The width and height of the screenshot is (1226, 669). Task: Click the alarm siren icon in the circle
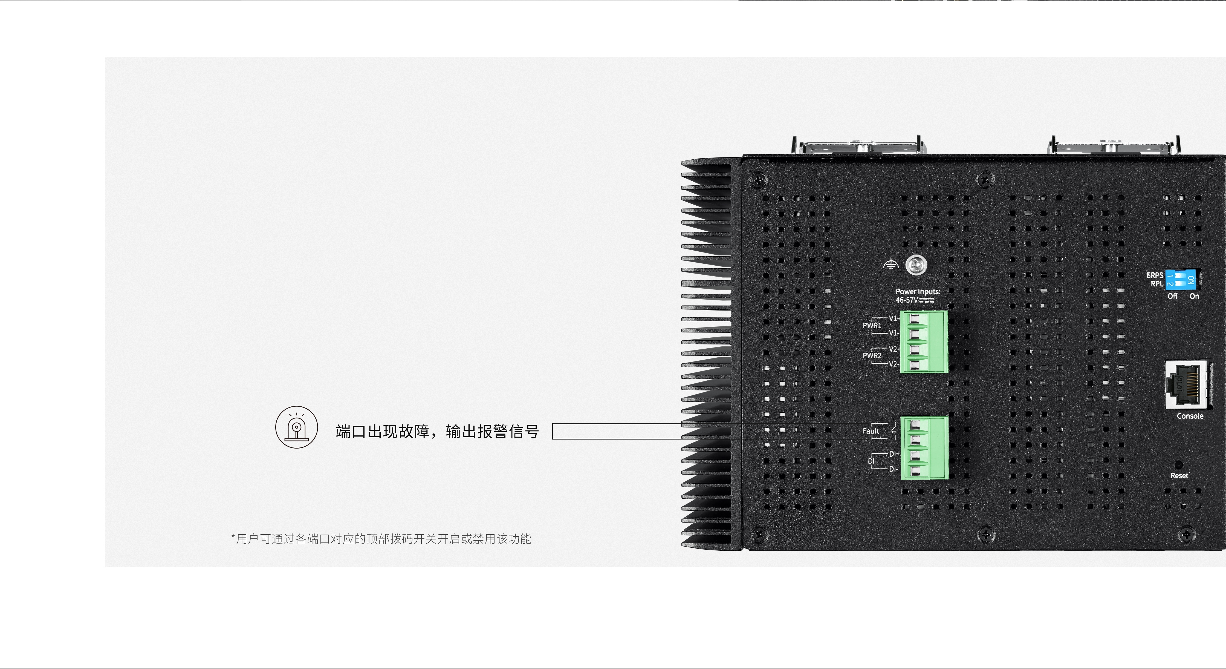point(296,427)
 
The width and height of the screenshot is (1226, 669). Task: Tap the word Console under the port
point(1190,416)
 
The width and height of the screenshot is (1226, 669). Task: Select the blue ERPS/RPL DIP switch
point(1182,280)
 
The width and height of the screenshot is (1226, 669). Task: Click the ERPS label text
point(1155,275)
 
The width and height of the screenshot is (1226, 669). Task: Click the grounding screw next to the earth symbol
point(916,265)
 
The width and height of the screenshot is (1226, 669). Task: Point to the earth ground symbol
point(890,264)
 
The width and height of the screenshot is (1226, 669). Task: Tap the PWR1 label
point(872,326)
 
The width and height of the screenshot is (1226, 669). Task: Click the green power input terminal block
point(923,341)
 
